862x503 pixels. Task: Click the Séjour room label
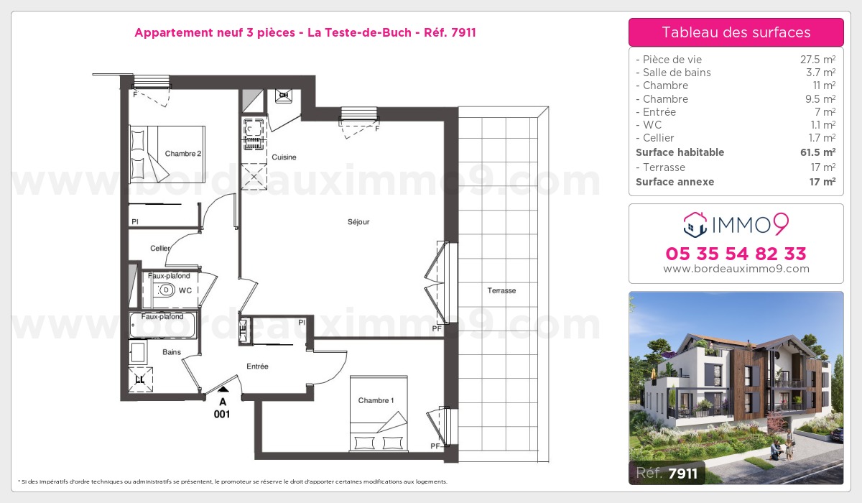click(358, 221)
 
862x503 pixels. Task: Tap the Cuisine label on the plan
click(284, 157)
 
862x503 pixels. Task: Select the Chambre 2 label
click(183, 154)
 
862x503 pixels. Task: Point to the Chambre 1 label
click(376, 400)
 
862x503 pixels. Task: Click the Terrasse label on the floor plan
click(501, 290)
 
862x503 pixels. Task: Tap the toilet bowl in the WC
click(164, 290)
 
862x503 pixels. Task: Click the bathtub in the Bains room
click(162, 326)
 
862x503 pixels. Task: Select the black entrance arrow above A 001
click(223, 389)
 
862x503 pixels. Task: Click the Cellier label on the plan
click(159, 248)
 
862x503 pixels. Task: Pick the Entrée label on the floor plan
click(257, 366)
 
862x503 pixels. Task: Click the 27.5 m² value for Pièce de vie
click(817, 59)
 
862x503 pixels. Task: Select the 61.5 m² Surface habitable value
click(817, 152)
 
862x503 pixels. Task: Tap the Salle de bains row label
click(674, 73)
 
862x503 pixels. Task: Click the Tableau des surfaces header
click(736, 32)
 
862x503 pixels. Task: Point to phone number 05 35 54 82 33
click(736, 254)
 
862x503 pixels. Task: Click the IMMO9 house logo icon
click(695, 225)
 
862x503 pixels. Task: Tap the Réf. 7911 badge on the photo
click(667, 473)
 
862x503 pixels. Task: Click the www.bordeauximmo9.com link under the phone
click(736, 269)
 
